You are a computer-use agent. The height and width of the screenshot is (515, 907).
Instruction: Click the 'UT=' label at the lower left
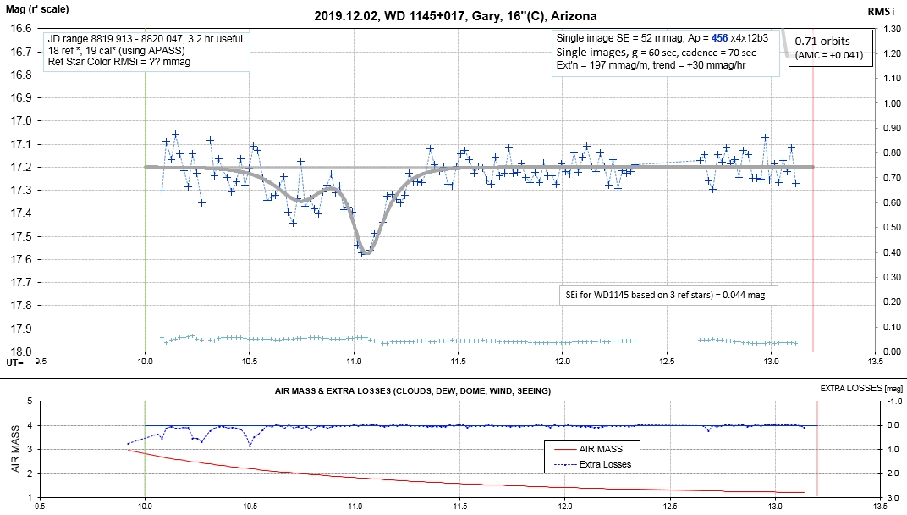(x=14, y=362)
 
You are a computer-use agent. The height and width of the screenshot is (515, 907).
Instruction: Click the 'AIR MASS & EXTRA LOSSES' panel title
(x=413, y=390)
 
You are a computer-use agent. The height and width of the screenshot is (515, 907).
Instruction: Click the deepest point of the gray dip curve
(x=365, y=252)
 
